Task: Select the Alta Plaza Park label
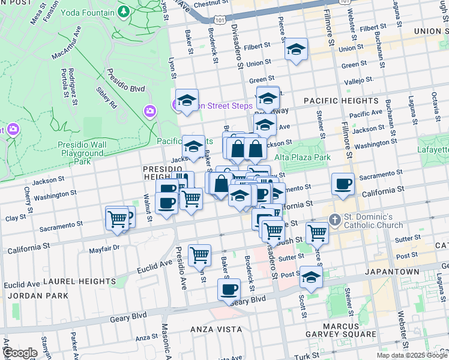[x=303, y=157]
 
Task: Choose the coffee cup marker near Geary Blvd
[x=228, y=290]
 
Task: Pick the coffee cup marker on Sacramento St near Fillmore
[x=343, y=184]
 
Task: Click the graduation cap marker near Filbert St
[x=296, y=50]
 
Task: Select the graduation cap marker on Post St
[x=311, y=278]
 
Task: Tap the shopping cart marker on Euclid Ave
[x=199, y=254]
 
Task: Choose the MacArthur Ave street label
[x=67, y=46]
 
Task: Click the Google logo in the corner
[x=21, y=353]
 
